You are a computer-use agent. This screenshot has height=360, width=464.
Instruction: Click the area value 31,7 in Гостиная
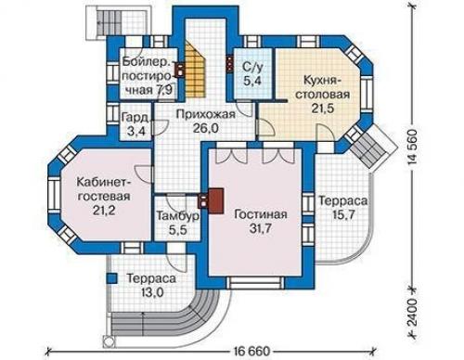tap(260, 228)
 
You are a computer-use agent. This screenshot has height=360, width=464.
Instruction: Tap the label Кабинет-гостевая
tap(104, 188)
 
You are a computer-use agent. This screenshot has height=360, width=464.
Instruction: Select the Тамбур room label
tap(177, 216)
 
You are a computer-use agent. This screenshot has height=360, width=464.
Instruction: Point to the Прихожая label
tap(206, 114)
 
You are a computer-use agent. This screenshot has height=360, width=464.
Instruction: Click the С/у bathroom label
tap(252, 66)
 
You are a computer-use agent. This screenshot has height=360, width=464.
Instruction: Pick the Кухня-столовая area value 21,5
tap(322, 109)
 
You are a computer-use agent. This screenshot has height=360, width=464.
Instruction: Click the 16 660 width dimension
tap(251, 352)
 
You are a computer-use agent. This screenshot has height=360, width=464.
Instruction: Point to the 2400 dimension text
tap(412, 313)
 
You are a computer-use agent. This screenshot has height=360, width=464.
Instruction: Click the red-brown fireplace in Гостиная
tap(216, 200)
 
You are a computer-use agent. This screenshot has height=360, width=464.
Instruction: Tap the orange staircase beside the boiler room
tap(196, 71)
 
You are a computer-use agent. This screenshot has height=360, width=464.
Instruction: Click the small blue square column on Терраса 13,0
tap(112, 278)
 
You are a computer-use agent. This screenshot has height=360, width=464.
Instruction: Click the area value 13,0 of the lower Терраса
tap(151, 291)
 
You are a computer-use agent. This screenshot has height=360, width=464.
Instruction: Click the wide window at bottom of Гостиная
tap(256, 283)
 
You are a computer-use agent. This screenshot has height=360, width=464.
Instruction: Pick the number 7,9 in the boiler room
tap(166, 90)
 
